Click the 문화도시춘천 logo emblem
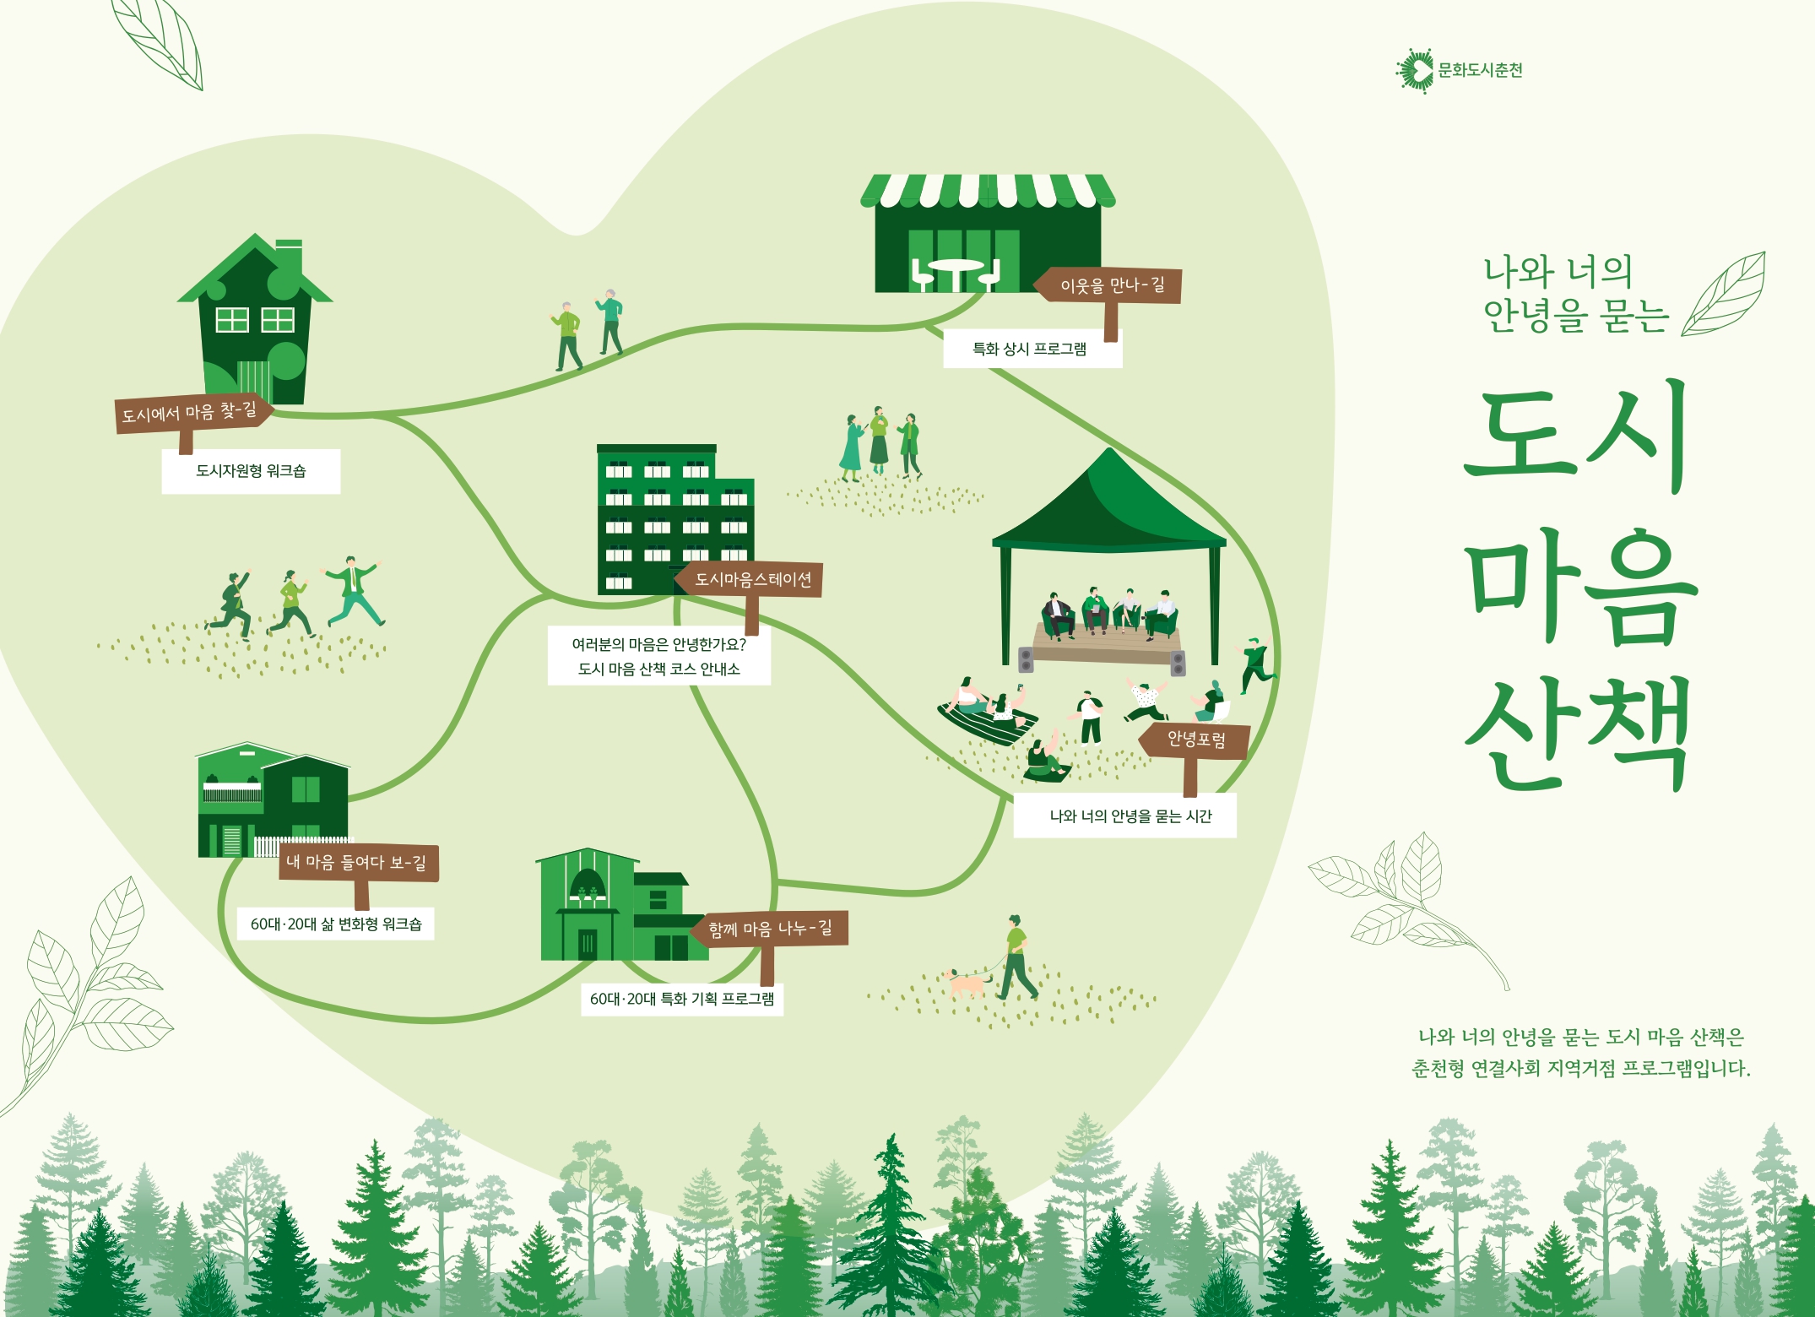pos(1415,70)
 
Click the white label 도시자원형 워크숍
pos(251,471)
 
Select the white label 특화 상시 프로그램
pos(1032,349)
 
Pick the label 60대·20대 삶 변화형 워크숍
pos(335,924)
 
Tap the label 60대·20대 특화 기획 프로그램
pos(682,999)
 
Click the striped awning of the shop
pos(988,191)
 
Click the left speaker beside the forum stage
pos(1026,659)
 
